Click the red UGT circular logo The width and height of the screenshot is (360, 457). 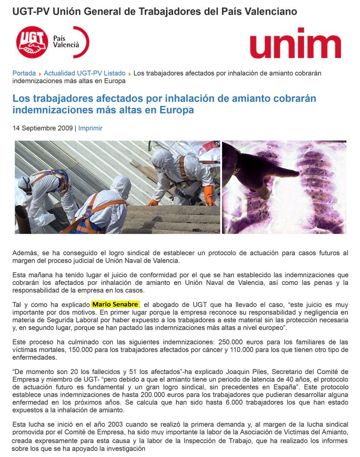[32, 42]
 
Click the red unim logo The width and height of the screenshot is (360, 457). [295, 43]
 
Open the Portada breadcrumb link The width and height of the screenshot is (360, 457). [24, 73]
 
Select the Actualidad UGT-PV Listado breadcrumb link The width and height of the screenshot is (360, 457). [84, 73]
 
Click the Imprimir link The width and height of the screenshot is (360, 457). [90, 128]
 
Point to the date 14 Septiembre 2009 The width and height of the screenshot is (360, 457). [42, 128]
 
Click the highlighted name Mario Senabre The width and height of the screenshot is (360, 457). [116, 305]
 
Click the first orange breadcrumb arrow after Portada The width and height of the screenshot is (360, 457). [40, 74]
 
